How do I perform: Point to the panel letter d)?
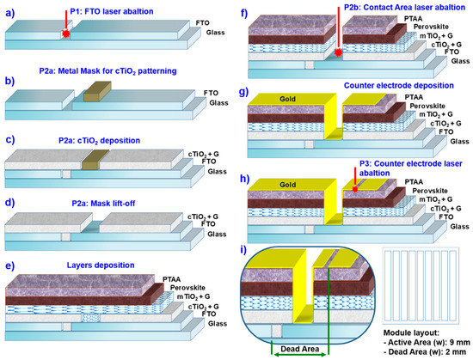[9, 203]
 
